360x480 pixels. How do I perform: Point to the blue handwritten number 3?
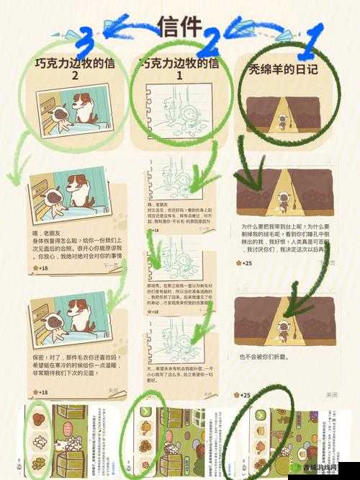click(x=86, y=40)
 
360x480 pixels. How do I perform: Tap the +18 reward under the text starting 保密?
click(x=41, y=392)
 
